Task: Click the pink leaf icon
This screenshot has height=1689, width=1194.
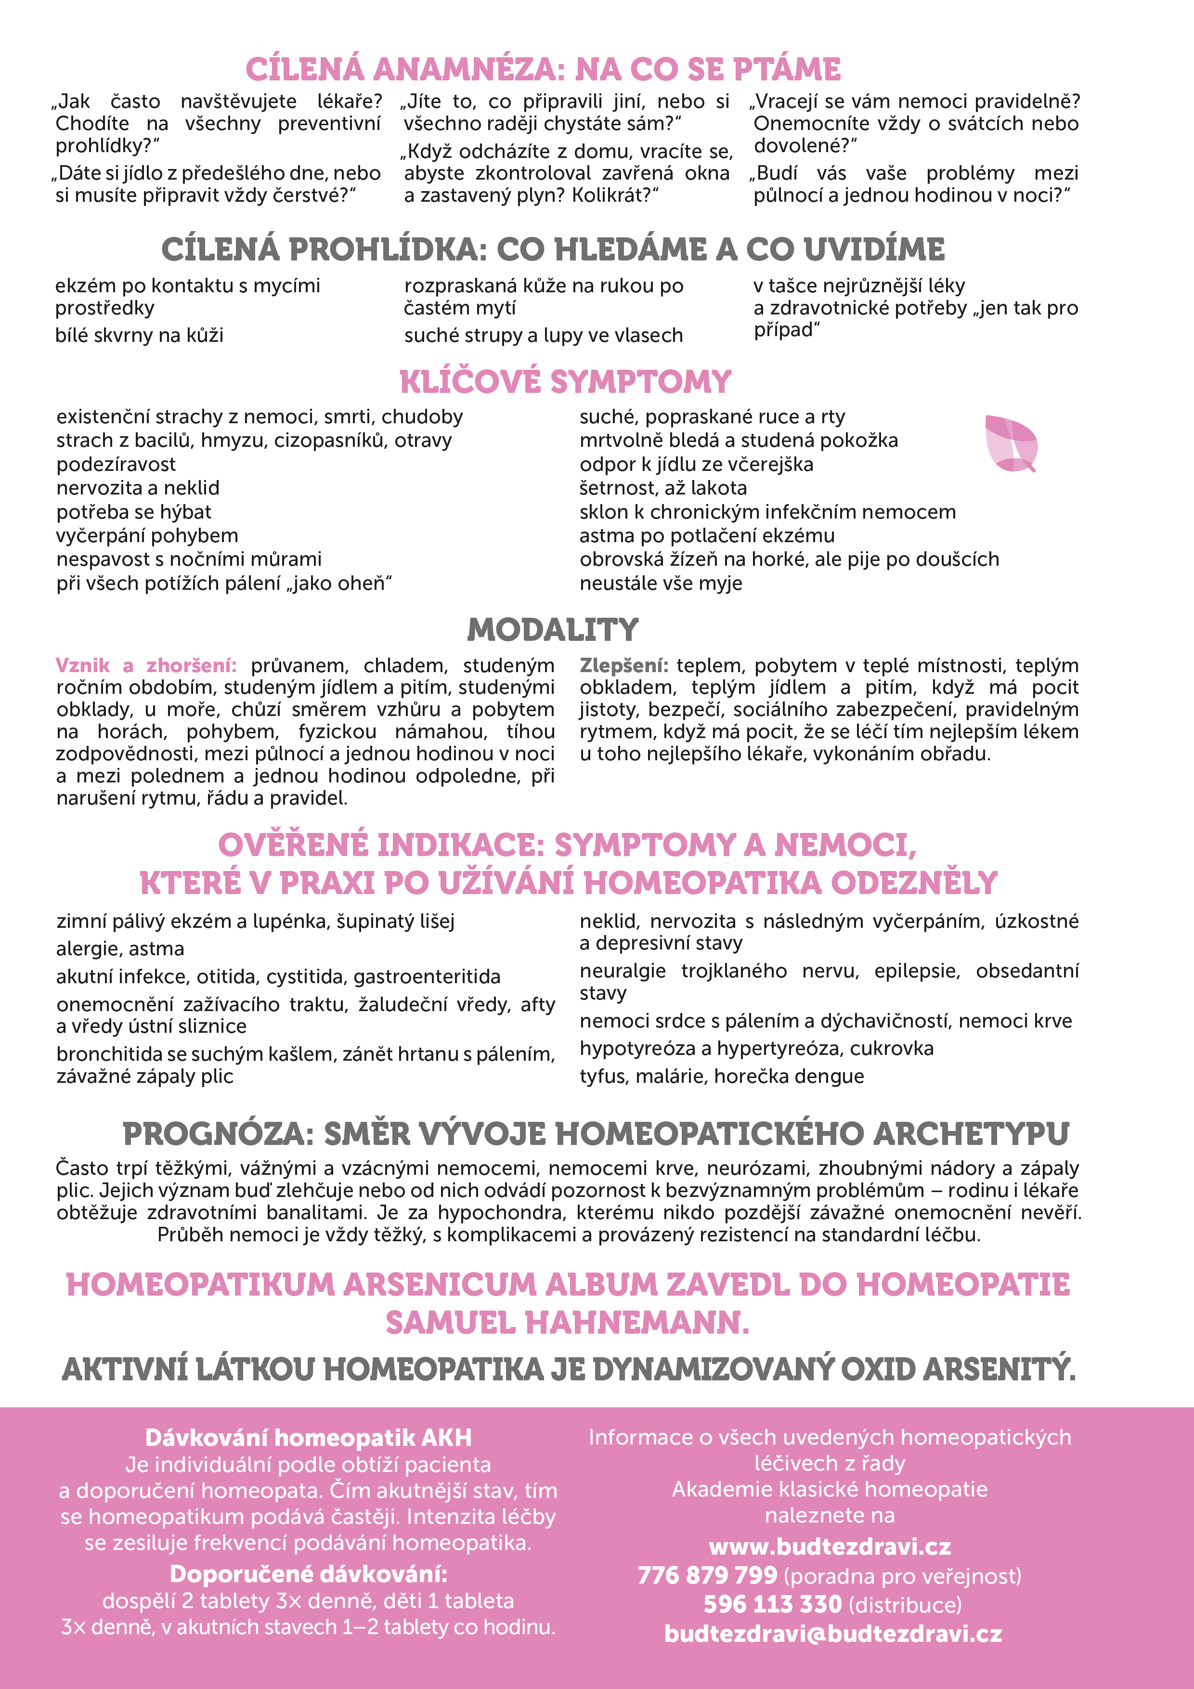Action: tap(1011, 443)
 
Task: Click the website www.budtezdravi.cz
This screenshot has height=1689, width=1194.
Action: tap(830, 1547)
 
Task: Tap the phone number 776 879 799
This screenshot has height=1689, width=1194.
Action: tap(707, 1576)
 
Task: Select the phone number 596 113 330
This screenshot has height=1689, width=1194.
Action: tap(772, 1604)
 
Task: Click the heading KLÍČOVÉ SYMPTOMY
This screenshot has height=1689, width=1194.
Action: tap(565, 382)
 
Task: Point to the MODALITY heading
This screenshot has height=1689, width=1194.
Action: tap(553, 630)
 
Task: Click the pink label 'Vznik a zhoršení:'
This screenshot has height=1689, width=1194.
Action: tap(146, 666)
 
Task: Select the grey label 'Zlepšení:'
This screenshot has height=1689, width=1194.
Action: tap(623, 666)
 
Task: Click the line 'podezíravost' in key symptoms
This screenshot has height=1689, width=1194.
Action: tap(116, 464)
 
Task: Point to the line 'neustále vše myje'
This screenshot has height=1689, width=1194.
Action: tap(661, 584)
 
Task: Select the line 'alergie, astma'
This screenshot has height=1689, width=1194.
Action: tap(120, 949)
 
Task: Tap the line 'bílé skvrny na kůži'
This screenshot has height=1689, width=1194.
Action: tap(139, 336)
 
